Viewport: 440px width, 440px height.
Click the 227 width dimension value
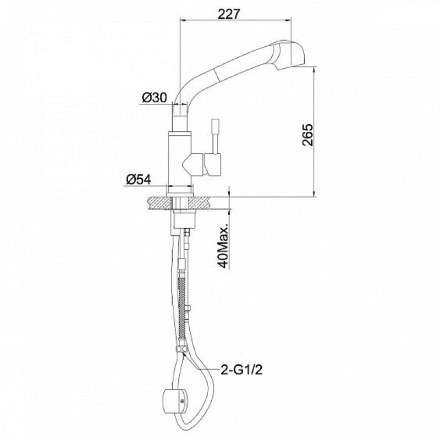pyautogui.click(x=229, y=14)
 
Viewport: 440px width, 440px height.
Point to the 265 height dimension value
pyautogui.click(x=308, y=135)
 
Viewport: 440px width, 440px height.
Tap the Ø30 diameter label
pyautogui.click(x=154, y=98)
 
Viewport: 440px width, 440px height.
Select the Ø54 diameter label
pyautogui.click(x=139, y=179)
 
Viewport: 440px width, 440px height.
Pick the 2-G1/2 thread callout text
pyautogui.click(x=241, y=370)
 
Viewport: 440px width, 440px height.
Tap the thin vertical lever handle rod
pyautogui.click(x=215, y=136)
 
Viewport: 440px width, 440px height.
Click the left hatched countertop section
pyautogui.click(x=159, y=202)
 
